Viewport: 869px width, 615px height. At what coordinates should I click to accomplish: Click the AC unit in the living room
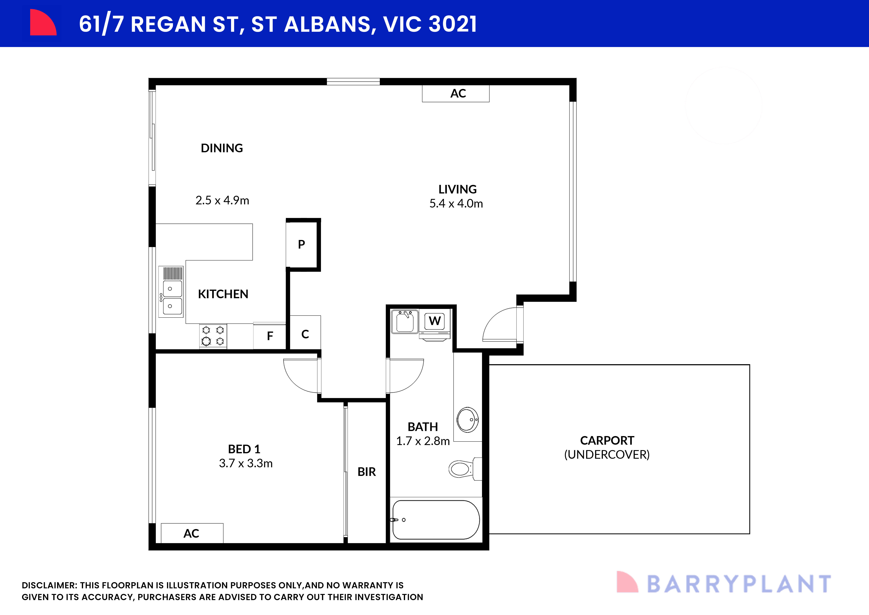tap(456, 93)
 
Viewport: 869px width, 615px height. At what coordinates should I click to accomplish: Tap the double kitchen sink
tap(172, 297)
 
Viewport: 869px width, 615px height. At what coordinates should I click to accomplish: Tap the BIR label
tap(366, 472)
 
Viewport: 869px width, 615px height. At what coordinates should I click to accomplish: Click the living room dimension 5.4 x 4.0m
tap(456, 204)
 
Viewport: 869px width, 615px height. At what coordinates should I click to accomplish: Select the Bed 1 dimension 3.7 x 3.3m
tap(246, 463)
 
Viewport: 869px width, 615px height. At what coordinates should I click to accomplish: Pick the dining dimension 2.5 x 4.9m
tap(222, 200)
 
